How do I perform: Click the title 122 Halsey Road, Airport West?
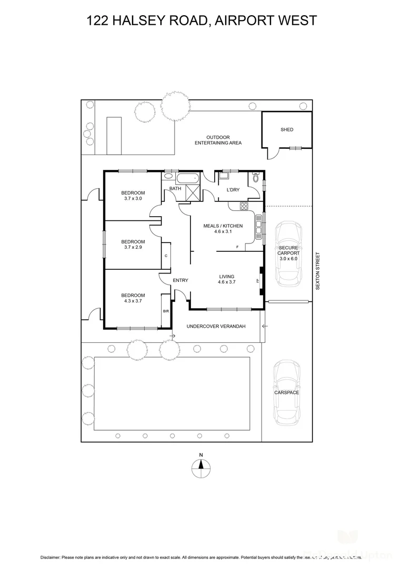[202, 21]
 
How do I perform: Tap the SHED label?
[287, 129]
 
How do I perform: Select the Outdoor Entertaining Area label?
[218, 140]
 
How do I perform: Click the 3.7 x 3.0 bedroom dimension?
[134, 199]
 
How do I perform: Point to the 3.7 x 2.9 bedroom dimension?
[134, 247]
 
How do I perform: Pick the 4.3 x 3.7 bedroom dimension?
[134, 301]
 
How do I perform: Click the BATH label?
[175, 188]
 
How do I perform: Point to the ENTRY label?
[180, 280]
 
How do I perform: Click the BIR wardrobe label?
[166, 311]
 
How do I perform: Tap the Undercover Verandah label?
[216, 326]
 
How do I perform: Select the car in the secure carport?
[287, 252]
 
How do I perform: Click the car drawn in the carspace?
[287, 391]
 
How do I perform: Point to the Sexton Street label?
[317, 271]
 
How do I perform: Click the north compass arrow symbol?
[200, 466]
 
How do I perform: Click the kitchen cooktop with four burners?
[245, 206]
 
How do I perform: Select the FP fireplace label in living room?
[258, 280]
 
